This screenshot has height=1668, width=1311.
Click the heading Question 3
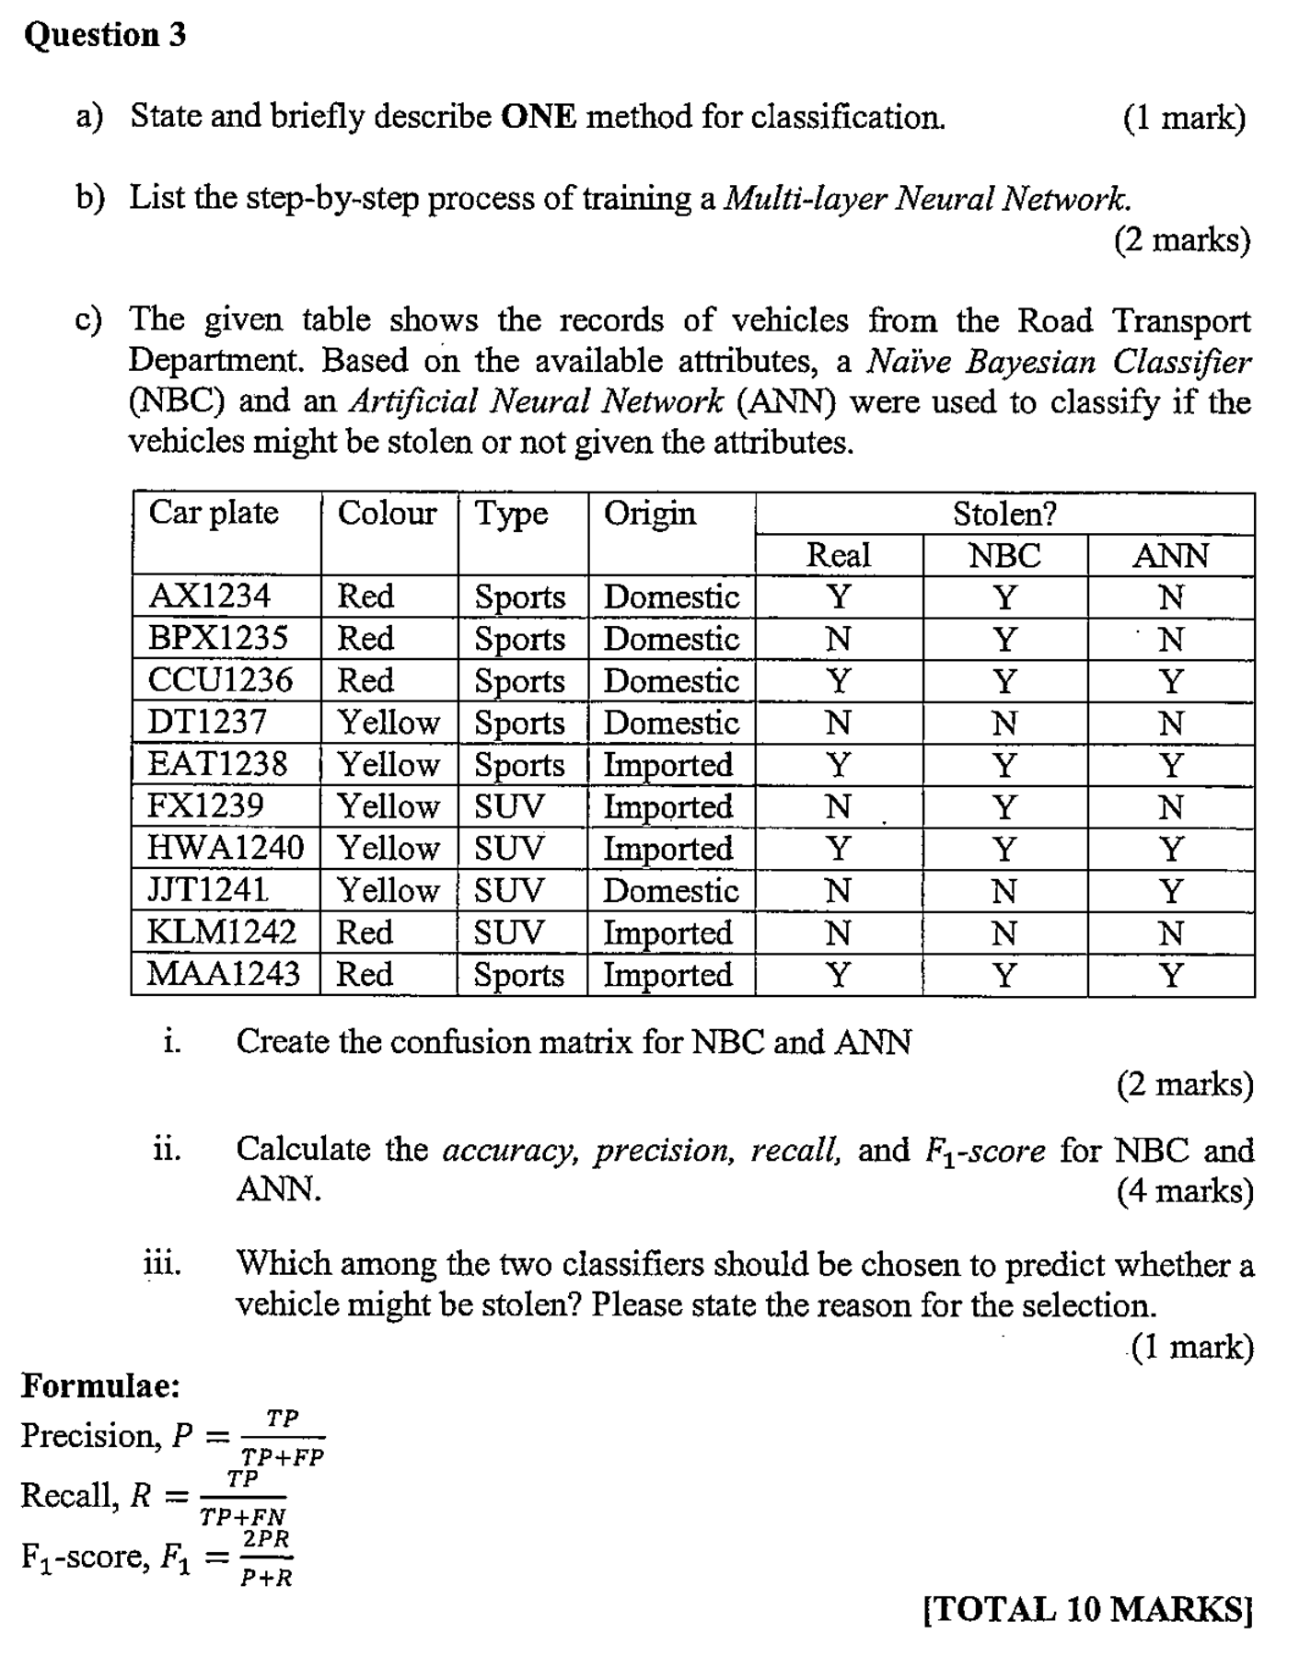coord(105,35)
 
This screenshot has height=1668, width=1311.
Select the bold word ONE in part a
coord(539,117)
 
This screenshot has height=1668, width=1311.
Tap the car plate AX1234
coord(209,597)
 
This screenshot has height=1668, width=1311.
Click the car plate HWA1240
coord(225,848)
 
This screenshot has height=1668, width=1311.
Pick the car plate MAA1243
coord(224,974)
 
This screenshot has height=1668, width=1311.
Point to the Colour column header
coord(387,513)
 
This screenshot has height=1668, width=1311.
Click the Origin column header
coord(650,513)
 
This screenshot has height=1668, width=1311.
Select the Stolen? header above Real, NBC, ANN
coord(1004,514)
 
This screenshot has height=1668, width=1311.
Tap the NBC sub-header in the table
coord(1004,556)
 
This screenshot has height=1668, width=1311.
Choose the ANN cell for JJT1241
coord(1170,891)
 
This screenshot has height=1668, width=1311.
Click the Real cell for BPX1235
coord(838,639)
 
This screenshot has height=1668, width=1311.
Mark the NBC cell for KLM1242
coord(1004,933)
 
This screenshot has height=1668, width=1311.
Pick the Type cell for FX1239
coord(509,806)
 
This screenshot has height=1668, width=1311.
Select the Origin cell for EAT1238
coord(668,765)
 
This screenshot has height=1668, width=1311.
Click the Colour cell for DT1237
coord(389,723)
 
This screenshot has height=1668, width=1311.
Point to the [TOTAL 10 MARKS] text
coord(1087,1609)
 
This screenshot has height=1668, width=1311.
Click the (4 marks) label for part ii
coord(1185,1191)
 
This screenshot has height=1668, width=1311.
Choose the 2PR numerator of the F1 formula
coord(266,1539)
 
